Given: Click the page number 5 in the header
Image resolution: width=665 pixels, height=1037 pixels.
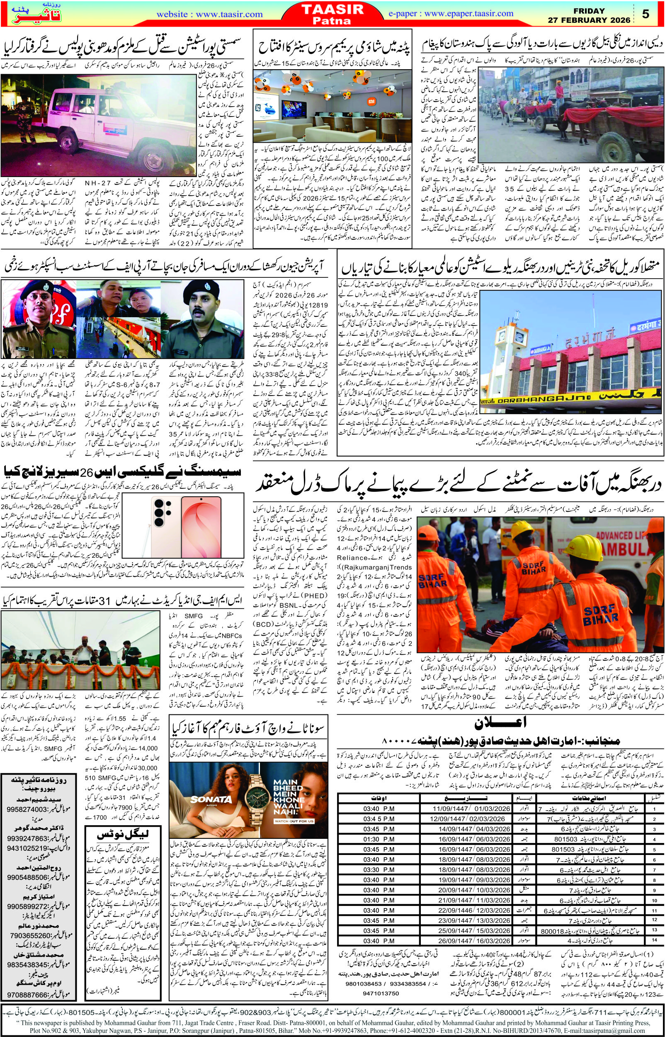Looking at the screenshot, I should tap(646, 14).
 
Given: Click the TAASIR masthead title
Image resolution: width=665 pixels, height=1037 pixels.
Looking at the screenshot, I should tap(333, 10).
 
